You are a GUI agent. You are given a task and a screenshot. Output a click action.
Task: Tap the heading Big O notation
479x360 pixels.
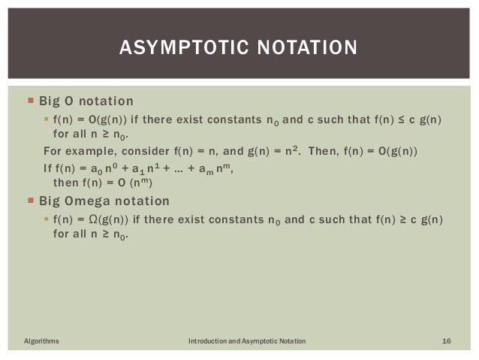point(86,101)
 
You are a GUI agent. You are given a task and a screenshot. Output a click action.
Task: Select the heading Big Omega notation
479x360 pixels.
point(104,201)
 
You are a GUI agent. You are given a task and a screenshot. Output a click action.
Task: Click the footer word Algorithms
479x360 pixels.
point(41,342)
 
